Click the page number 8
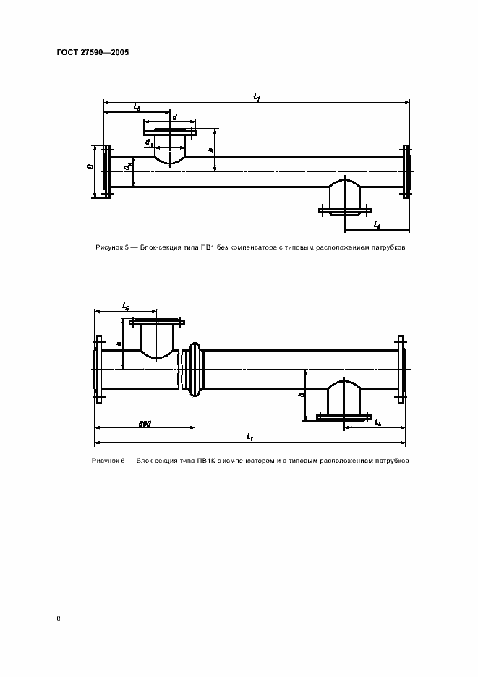tap(58, 618)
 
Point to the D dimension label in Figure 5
tap(90, 167)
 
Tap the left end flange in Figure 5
tap(107, 171)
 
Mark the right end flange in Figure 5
tap(407, 171)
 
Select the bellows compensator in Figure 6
tap(193, 369)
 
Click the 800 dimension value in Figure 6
tap(145, 422)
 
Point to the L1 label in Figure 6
tap(249, 438)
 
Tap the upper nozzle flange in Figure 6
tap(158, 322)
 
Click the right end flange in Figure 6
tap(401, 369)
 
